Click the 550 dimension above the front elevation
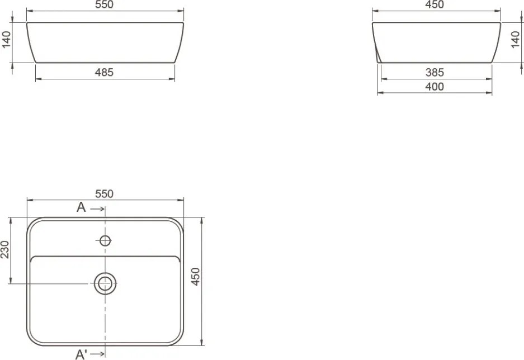[104, 4]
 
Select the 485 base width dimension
[104, 72]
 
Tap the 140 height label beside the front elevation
[6, 40]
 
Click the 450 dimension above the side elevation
[435, 4]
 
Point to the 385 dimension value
[435, 72]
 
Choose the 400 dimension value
[435, 87]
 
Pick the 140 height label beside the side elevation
[516, 40]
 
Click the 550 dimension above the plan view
[104, 193]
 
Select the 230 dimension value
[5, 249]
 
